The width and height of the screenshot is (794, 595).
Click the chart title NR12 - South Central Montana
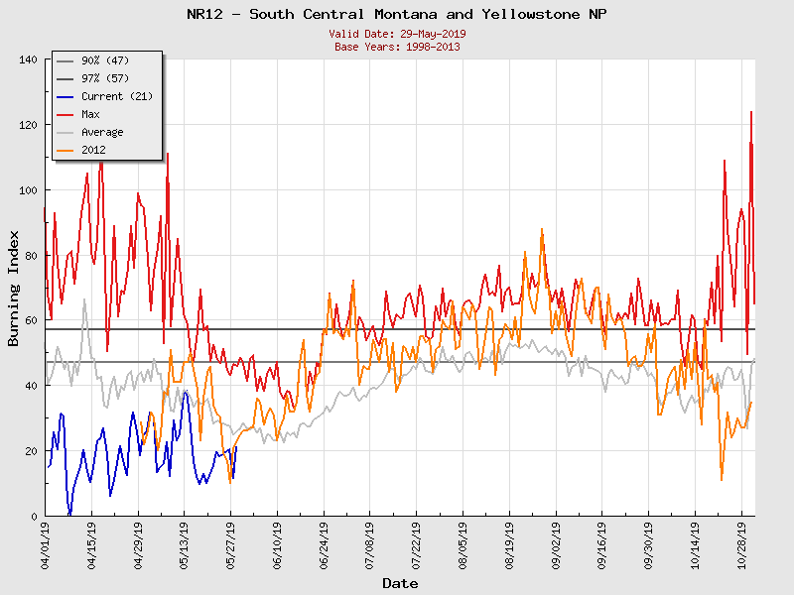click(x=397, y=14)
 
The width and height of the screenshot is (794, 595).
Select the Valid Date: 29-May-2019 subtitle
click(x=397, y=34)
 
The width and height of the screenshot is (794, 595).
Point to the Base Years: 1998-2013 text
click(x=397, y=46)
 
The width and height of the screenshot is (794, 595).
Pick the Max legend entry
click(x=90, y=114)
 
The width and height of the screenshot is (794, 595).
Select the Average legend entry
click(x=102, y=132)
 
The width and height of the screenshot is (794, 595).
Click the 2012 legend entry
click(x=93, y=150)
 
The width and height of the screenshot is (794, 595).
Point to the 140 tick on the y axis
click(x=28, y=59)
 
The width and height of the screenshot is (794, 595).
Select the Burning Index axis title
click(x=14, y=288)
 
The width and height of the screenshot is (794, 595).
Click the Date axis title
click(x=400, y=583)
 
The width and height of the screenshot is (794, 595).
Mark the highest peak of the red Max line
click(x=751, y=111)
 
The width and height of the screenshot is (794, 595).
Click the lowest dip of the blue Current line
click(x=69, y=515)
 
